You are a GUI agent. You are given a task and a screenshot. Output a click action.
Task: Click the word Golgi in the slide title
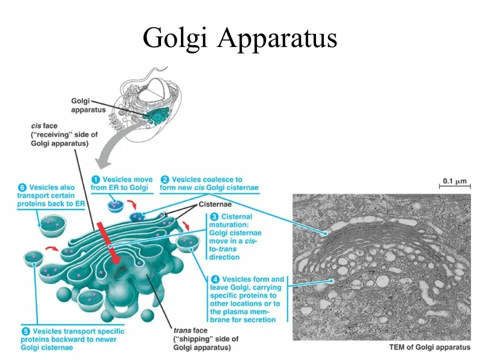click(175, 38)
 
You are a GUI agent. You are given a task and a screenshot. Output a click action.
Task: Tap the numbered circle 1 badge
click(95, 179)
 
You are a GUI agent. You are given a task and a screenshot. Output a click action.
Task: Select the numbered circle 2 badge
click(164, 179)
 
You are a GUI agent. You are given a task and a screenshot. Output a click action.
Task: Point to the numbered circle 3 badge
click(214, 217)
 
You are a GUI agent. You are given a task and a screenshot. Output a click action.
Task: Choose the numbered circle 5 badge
click(25, 331)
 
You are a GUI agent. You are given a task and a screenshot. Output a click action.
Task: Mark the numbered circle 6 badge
click(22, 187)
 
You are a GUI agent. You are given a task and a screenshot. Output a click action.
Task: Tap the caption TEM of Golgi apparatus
click(429, 347)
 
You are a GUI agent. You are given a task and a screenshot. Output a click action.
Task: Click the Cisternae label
click(215, 204)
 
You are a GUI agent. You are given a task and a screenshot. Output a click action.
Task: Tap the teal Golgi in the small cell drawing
click(159, 117)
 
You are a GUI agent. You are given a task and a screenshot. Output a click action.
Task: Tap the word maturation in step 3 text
click(229, 225)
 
